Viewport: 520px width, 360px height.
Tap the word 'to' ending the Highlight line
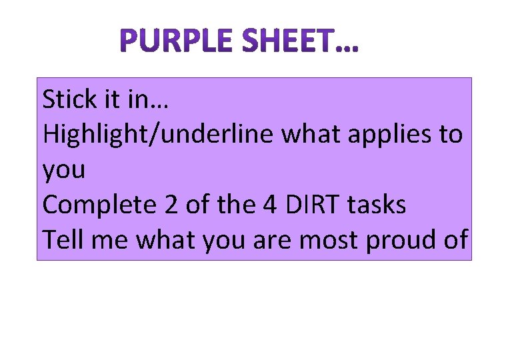pos(450,135)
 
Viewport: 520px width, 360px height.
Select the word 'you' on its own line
pos(64,171)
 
